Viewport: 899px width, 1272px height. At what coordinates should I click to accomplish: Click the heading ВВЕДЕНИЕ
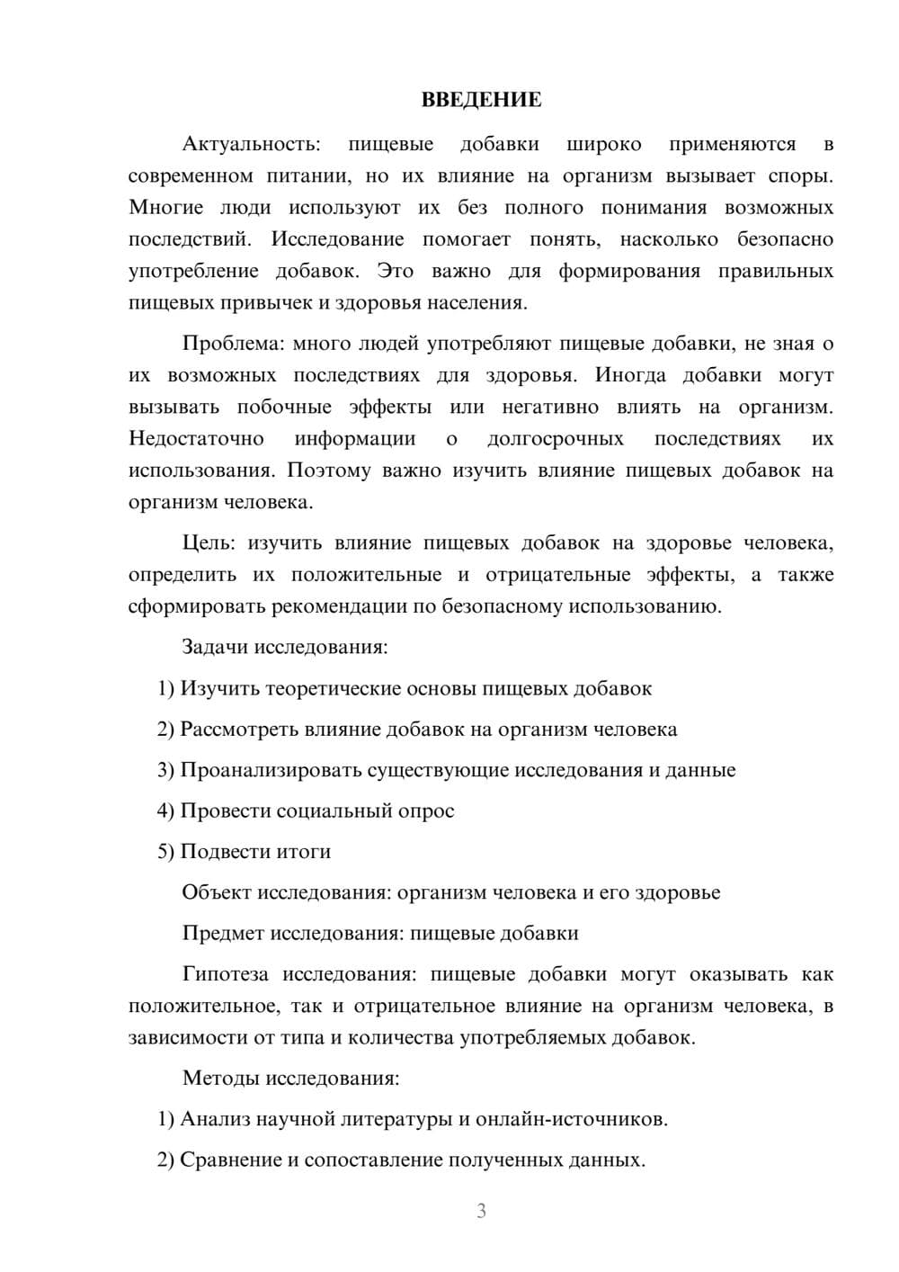(481, 100)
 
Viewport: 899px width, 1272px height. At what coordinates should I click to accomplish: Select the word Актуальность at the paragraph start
(250, 145)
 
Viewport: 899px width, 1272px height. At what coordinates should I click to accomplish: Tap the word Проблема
(233, 344)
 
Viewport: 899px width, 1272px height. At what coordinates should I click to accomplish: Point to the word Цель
(208, 543)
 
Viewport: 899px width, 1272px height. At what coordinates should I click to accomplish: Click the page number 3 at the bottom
(481, 1211)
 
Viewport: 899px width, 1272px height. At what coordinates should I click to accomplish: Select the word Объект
(217, 892)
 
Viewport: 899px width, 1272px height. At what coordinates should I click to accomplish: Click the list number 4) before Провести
(165, 811)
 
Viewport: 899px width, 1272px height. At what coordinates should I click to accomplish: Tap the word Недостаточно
(196, 439)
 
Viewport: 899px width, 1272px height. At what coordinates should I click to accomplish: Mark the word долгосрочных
(555, 439)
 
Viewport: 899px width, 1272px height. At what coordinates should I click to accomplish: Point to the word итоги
(305, 851)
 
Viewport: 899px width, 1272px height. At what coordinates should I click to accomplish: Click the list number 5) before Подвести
(165, 851)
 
